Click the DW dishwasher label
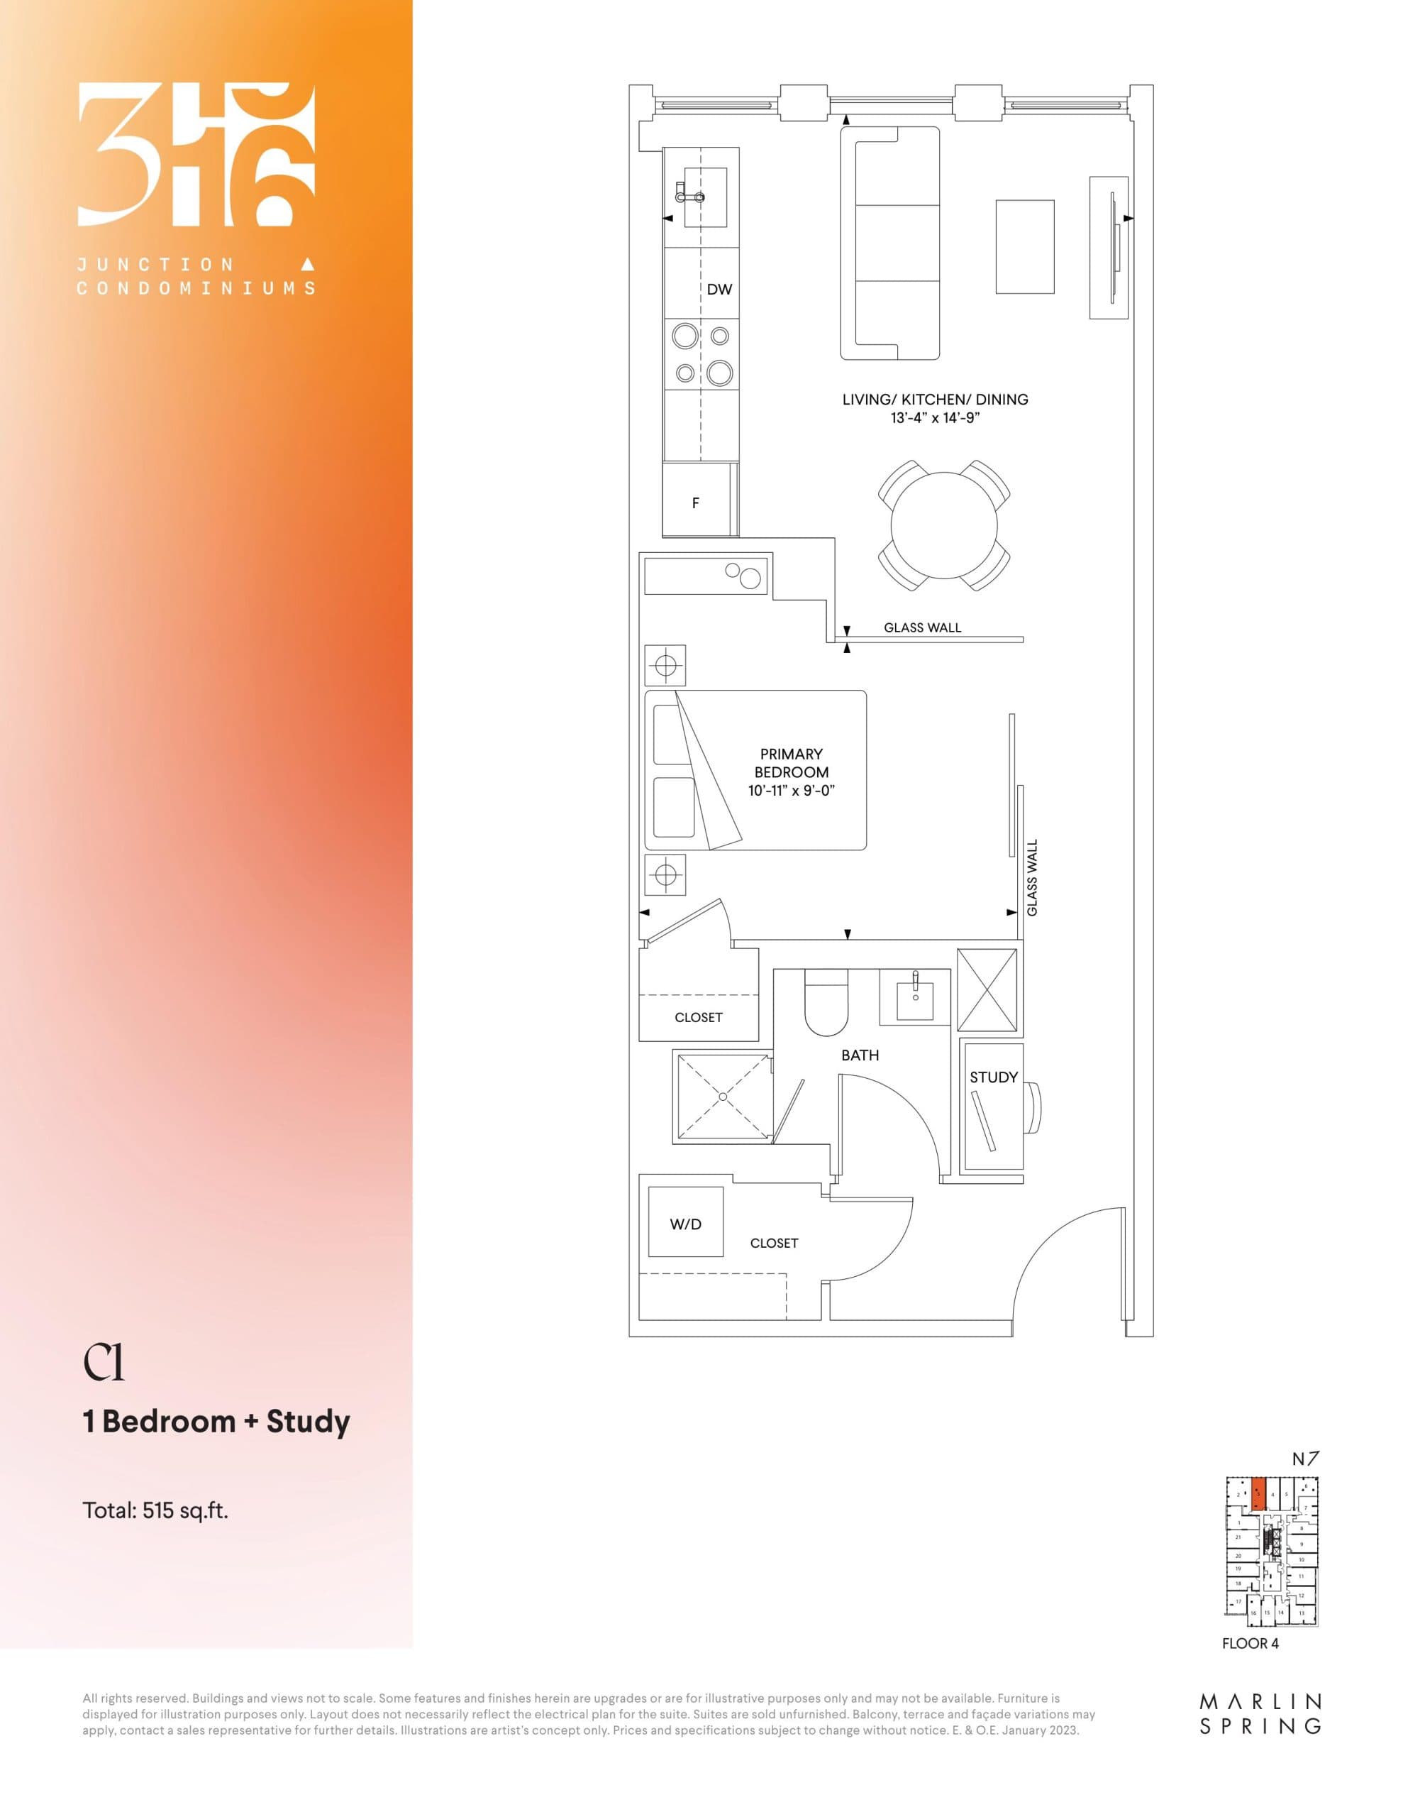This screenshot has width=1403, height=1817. [719, 290]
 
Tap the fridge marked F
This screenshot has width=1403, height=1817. [696, 503]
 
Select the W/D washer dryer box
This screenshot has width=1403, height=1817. [685, 1224]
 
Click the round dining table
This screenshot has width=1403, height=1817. [944, 526]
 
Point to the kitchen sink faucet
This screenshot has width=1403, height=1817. [689, 197]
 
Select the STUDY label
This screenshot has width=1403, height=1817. [993, 1077]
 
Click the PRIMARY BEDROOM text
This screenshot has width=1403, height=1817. [791, 763]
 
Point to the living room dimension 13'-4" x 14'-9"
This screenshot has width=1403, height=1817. [936, 417]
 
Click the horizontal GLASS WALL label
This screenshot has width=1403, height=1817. [922, 627]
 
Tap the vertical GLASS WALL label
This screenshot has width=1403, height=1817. [1032, 878]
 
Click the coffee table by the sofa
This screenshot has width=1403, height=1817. [1025, 246]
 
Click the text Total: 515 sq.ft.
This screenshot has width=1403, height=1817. [155, 1510]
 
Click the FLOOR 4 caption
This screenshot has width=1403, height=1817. [1250, 1643]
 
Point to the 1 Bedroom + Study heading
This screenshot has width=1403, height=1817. [216, 1421]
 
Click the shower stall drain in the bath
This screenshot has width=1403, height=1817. [723, 1097]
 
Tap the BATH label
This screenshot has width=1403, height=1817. [860, 1055]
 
